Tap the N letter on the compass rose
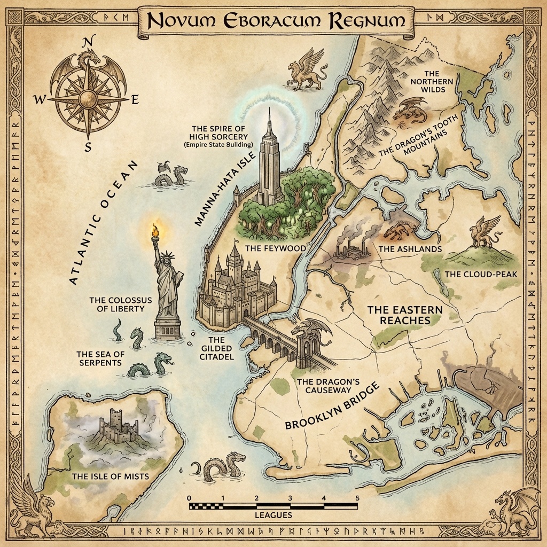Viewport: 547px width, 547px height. [90, 41]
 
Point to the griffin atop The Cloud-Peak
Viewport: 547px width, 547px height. [483, 231]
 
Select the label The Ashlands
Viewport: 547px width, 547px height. [410, 249]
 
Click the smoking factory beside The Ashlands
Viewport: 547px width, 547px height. [350, 248]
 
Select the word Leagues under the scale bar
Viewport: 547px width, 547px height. [273, 515]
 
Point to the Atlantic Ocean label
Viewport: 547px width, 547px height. [105, 223]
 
